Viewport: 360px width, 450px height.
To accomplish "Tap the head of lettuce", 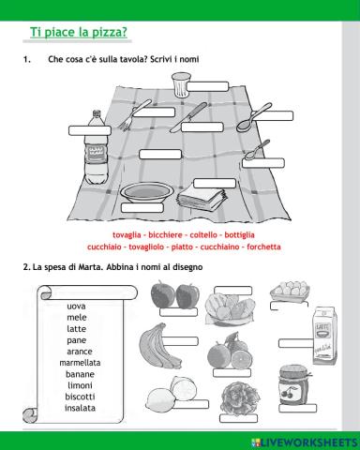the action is (234, 399).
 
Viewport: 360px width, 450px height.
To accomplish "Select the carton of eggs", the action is (289, 292).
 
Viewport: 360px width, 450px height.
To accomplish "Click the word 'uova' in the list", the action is (79, 306).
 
